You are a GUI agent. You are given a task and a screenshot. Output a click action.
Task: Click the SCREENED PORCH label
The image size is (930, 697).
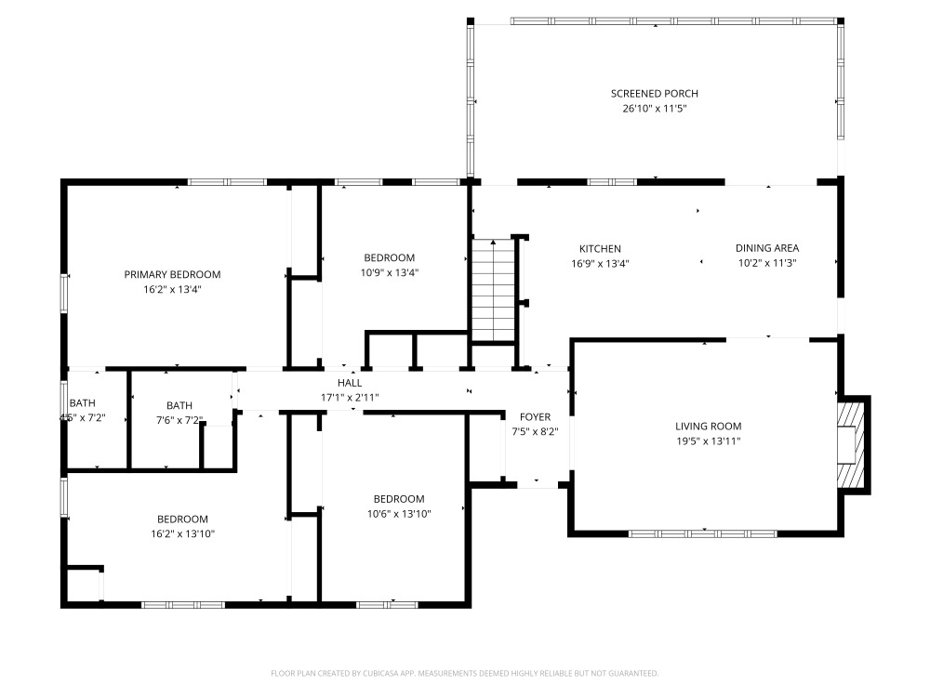click(x=654, y=94)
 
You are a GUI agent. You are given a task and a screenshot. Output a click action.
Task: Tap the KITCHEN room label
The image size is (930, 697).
click(x=600, y=249)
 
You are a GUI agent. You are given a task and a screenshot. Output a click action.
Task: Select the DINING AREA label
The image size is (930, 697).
click(x=767, y=248)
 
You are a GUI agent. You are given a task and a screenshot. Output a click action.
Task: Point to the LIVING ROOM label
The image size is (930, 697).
click(x=708, y=427)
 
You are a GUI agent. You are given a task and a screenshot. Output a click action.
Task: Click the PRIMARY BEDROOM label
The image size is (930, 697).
click(x=172, y=274)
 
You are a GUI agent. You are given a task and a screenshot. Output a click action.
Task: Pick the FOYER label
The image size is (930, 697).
click(x=535, y=417)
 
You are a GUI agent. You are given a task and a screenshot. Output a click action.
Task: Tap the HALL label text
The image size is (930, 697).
click(x=350, y=383)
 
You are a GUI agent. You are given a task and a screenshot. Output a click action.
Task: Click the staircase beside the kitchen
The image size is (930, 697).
click(x=494, y=290)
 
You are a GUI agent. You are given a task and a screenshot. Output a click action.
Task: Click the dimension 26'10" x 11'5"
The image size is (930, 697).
click(x=654, y=109)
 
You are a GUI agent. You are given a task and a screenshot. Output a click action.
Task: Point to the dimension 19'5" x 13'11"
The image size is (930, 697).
click(x=708, y=441)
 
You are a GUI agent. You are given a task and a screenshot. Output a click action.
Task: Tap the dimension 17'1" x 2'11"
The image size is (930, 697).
click(x=350, y=398)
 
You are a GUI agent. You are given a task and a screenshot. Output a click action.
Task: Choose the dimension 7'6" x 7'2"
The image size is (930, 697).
click(x=179, y=420)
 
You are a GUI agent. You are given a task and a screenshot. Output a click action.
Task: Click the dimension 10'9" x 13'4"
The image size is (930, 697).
click(x=389, y=272)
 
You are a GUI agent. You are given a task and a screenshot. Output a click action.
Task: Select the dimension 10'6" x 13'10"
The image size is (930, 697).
click(x=399, y=514)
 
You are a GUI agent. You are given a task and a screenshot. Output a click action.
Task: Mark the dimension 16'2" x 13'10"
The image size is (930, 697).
click(x=182, y=534)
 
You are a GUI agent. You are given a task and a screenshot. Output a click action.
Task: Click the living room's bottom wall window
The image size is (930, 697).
click(x=703, y=534)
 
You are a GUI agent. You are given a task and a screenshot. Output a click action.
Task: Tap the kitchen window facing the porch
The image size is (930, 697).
click(x=612, y=182)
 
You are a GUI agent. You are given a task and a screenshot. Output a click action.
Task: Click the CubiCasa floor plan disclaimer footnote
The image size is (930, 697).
click(x=464, y=673)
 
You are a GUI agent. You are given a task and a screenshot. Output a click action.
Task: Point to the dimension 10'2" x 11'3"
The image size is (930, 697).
click(x=767, y=263)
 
